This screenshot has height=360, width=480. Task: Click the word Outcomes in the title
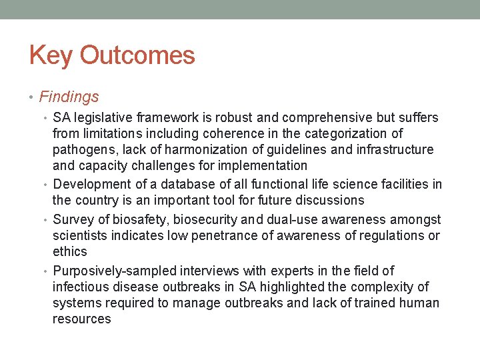coord(137,55)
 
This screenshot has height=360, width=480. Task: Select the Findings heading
coord(69,97)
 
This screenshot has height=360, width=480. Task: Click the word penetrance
coord(212,235)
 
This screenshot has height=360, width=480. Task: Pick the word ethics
coord(70,251)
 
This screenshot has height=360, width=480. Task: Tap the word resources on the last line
coord(82,319)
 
